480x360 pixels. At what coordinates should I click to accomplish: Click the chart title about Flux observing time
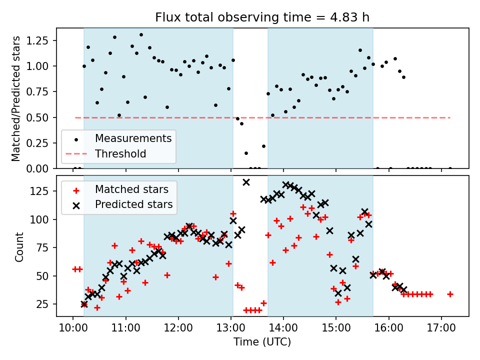coord(262,18)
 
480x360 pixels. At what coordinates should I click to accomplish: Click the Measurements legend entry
coord(133,138)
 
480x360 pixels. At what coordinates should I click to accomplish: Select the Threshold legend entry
coord(120,153)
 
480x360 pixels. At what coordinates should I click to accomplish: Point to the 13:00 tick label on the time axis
coord(231,328)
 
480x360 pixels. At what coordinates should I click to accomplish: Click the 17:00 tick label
coord(441,328)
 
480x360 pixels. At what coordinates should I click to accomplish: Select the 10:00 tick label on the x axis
coord(73,328)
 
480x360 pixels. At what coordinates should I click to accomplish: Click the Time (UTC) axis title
coord(262,342)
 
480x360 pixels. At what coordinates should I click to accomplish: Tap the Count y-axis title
coord(19,246)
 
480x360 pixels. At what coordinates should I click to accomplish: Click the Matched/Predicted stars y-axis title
coord(16,98)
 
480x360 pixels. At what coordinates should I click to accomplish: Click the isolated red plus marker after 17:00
coord(450,294)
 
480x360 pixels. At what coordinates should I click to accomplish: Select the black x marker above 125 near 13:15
coord(246,182)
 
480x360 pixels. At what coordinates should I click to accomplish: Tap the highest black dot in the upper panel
coord(141,35)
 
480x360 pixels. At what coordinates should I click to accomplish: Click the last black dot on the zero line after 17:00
coord(450,168)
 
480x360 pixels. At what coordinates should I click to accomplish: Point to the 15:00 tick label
coord(336,328)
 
